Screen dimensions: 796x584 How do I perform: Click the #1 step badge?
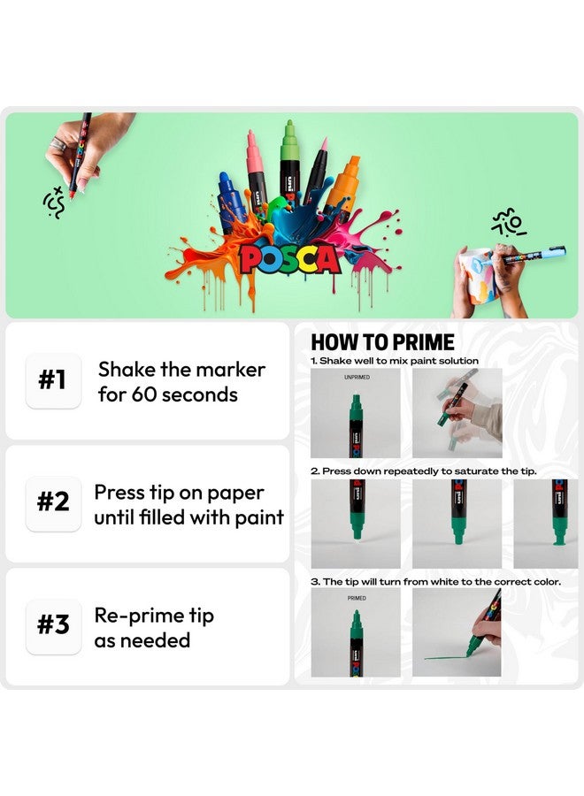[53, 380]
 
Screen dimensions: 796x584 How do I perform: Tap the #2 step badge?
[53, 503]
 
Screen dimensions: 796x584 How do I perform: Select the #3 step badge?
[53, 626]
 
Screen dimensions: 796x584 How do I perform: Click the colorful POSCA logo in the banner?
[289, 258]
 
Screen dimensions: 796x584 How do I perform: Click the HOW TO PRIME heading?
[382, 342]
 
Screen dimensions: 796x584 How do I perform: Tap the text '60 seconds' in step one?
[184, 394]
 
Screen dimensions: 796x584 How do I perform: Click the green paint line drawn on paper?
[451, 656]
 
